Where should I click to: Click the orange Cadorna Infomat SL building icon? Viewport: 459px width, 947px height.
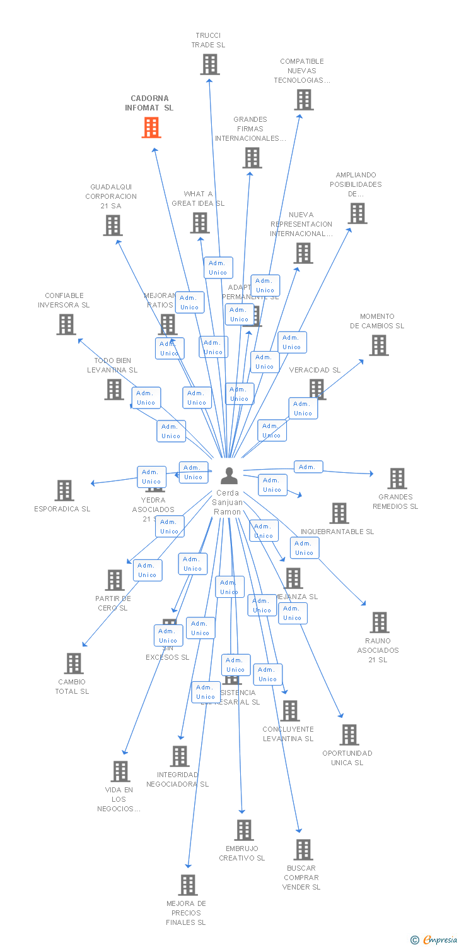[x=151, y=128]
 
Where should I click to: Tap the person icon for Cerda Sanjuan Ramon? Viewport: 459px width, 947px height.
[x=229, y=475]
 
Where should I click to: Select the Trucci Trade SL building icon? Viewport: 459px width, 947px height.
[x=209, y=64]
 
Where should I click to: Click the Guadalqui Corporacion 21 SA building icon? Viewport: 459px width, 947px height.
[x=113, y=225]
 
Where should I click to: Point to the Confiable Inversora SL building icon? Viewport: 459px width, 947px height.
[x=66, y=325]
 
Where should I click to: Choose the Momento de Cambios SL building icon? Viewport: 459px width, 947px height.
[x=378, y=345]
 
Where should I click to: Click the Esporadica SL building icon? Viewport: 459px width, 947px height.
[x=64, y=491]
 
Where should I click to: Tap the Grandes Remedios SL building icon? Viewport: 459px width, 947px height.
[x=397, y=479]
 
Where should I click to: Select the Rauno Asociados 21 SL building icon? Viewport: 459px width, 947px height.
[x=379, y=622]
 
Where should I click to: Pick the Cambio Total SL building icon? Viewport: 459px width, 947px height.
[x=74, y=664]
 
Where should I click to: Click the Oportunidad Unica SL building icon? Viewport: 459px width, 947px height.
[x=349, y=735]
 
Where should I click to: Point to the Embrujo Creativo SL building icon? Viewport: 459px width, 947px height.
[x=243, y=830]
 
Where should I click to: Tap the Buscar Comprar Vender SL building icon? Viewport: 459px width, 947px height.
[x=303, y=850]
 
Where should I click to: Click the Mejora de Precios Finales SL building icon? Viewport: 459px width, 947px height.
[x=187, y=885]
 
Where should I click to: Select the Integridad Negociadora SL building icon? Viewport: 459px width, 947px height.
[x=179, y=756]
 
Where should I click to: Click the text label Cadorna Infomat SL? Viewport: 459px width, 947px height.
[x=149, y=103]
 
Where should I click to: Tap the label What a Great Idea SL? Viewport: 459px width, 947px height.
[x=198, y=199]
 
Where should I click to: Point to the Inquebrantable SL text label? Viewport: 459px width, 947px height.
[x=337, y=532]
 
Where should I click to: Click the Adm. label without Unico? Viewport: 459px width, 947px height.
[x=308, y=467]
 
